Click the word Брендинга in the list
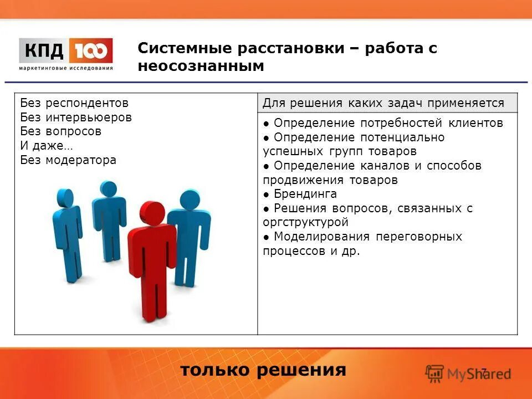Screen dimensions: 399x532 coord(305,195)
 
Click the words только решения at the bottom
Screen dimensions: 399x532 coord(263,370)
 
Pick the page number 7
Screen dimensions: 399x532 coord(483,372)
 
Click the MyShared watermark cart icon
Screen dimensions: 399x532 coord(435,373)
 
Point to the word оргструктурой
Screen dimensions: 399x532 coord(305,223)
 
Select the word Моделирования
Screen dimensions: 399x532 coord(321,237)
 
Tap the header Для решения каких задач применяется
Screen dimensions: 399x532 coord(383,103)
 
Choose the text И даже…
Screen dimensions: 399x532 coord(46,146)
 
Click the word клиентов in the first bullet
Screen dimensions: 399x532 coord(477,123)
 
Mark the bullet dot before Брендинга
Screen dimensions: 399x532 coord(267,195)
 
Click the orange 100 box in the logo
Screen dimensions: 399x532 coord(91,51)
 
